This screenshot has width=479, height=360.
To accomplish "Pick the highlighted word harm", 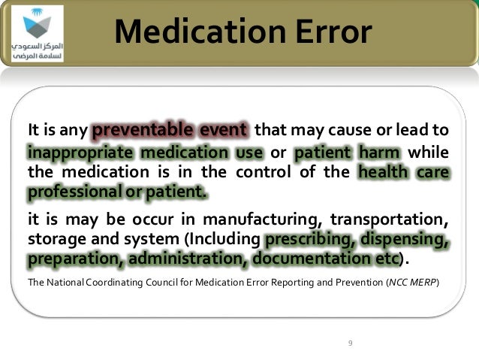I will (380, 153).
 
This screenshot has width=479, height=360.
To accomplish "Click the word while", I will (430, 153).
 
